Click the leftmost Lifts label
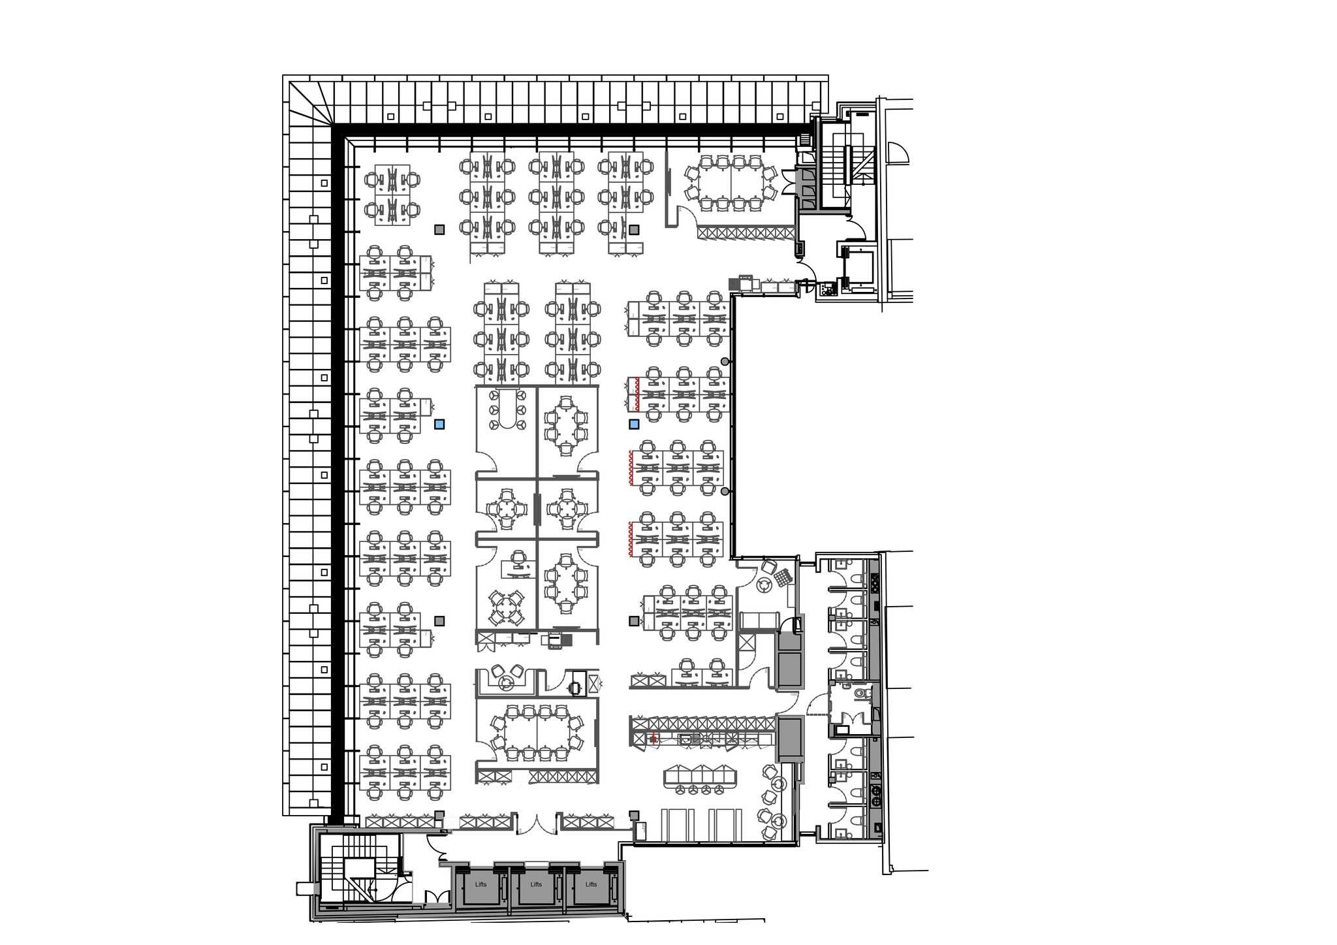481,884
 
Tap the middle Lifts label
536,884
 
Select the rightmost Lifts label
591,884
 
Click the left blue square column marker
439,424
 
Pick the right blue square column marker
633,424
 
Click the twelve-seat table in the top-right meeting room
730,182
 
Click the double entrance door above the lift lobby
536,824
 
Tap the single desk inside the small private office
516,569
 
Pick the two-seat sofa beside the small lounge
759,620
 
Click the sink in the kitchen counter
685,739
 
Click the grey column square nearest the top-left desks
439,229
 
